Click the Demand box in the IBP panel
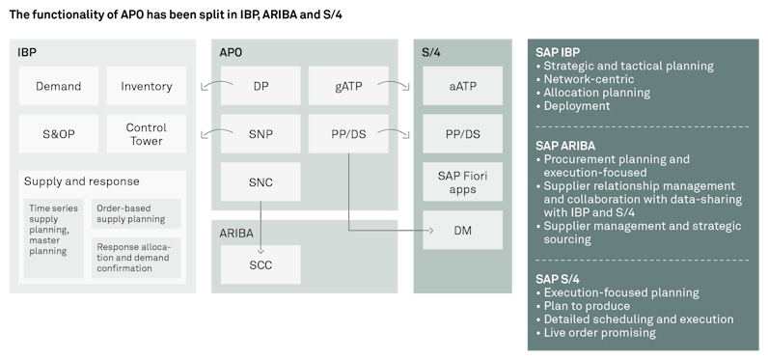click(x=59, y=86)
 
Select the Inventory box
click(x=147, y=86)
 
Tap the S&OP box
click(x=59, y=133)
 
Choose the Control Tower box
click(x=147, y=133)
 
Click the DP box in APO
click(x=261, y=86)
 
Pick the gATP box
click(x=348, y=86)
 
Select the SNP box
click(x=261, y=133)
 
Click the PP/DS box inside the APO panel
click(x=348, y=133)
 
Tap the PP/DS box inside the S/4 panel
click(x=463, y=133)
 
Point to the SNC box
click(x=261, y=181)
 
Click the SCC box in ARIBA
click(x=261, y=264)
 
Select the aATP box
click(x=463, y=86)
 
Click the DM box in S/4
click(x=463, y=230)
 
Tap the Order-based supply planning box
click(x=136, y=213)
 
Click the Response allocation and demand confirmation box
click(x=136, y=257)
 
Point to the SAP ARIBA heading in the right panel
click(x=564, y=145)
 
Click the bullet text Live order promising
click(x=599, y=333)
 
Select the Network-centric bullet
click(x=589, y=79)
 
